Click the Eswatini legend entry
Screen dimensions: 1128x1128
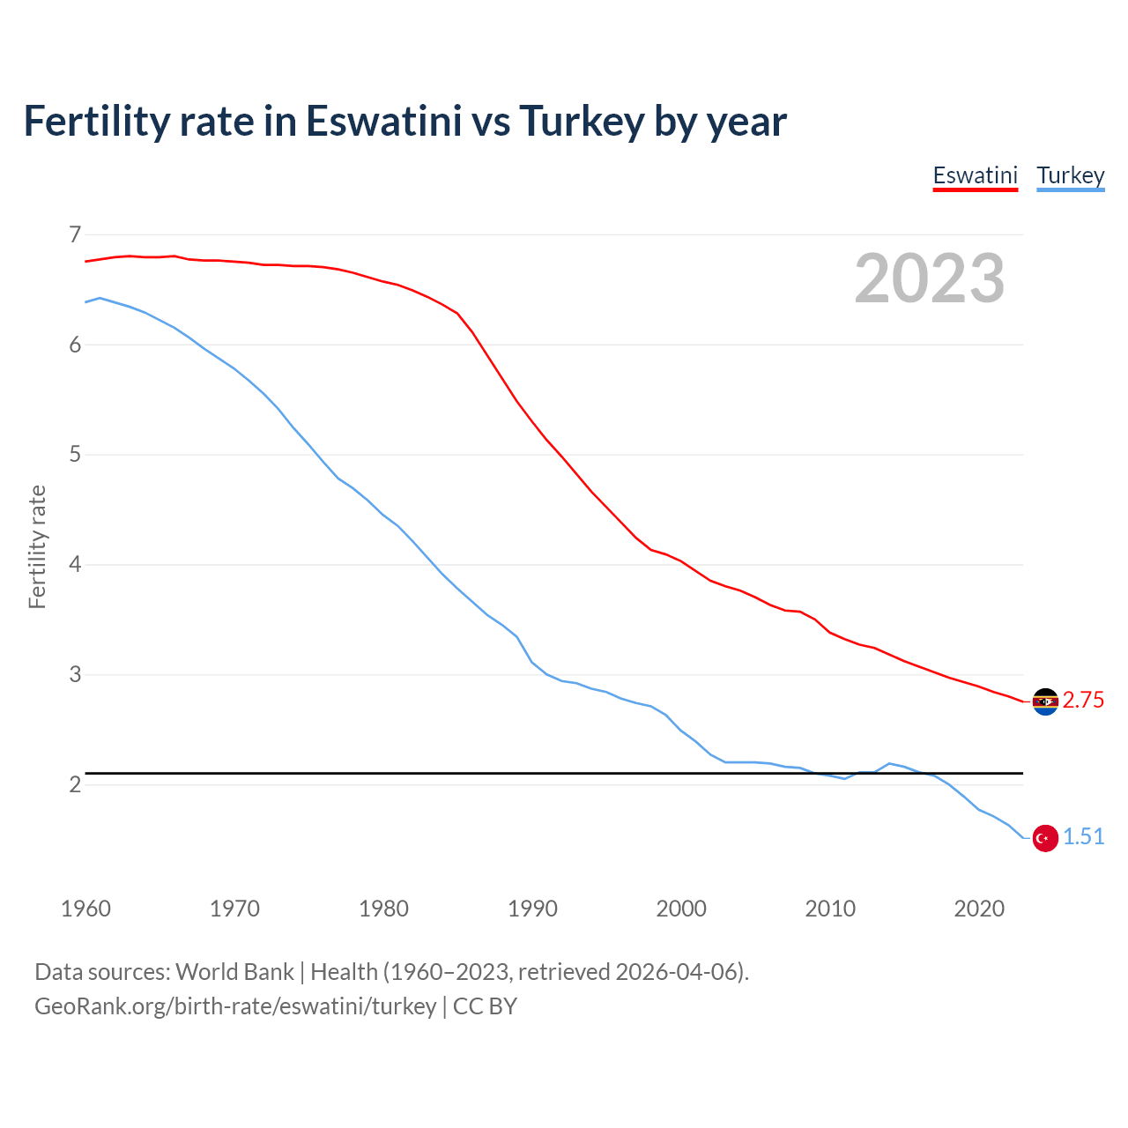pos(975,175)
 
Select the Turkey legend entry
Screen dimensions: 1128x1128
pos(1070,175)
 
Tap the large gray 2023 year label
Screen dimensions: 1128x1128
pos(929,278)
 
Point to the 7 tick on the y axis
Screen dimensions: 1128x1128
pos(75,234)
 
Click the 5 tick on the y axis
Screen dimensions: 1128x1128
pos(75,455)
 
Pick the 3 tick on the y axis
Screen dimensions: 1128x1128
pos(75,675)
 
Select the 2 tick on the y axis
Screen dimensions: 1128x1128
pos(75,784)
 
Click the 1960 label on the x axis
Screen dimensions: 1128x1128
pos(85,909)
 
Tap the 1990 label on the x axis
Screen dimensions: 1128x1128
pos(532,909)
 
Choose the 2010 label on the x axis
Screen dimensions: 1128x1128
pos(830,909)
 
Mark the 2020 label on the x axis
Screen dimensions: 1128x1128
pos(979,909)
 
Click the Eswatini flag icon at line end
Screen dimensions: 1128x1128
pos(1045,701)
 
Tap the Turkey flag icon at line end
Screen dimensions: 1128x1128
pos(1045,838)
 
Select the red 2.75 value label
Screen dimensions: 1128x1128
pos(1083,701)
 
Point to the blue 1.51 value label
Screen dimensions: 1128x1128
pos(1083,837)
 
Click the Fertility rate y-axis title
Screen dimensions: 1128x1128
pos(37,546)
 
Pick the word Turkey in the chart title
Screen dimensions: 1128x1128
pos(582,121)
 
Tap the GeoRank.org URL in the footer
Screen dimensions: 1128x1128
pos(235,1006)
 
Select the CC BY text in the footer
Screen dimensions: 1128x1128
pos(485,1006)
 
